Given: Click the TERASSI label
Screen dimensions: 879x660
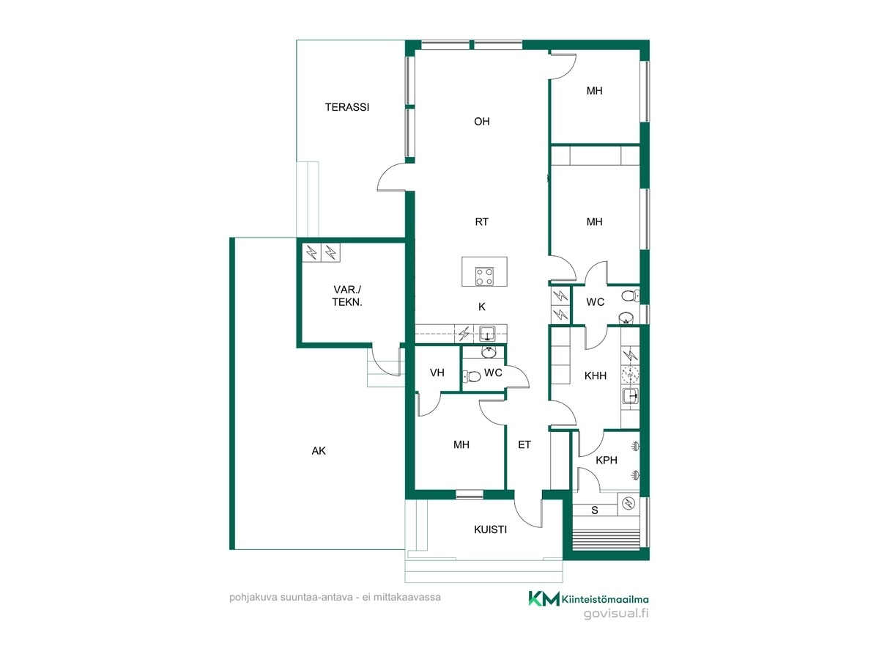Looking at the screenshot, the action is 346,107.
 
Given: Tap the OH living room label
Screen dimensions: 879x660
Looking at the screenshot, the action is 481,122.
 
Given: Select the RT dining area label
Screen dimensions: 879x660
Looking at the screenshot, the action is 481,221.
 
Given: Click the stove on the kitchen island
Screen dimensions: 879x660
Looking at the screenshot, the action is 484,276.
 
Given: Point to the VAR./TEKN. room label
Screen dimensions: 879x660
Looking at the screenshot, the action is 346,296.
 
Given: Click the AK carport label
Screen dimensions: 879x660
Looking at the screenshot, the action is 319,451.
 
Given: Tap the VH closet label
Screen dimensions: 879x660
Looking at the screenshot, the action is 437,373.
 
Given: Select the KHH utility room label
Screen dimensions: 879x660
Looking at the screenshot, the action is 595,375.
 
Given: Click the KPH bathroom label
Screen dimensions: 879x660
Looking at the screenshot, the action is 606,460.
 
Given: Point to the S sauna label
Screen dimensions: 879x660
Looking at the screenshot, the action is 595,510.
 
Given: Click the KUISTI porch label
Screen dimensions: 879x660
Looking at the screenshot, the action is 490,529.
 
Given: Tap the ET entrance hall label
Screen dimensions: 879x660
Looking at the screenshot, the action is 524,444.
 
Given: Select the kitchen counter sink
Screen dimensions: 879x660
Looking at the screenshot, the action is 487,334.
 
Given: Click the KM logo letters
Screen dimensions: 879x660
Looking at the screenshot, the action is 544,598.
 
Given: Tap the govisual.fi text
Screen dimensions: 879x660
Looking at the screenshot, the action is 616,614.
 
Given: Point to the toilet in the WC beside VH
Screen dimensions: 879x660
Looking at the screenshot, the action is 472,376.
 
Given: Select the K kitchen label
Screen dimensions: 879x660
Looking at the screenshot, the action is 482,307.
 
